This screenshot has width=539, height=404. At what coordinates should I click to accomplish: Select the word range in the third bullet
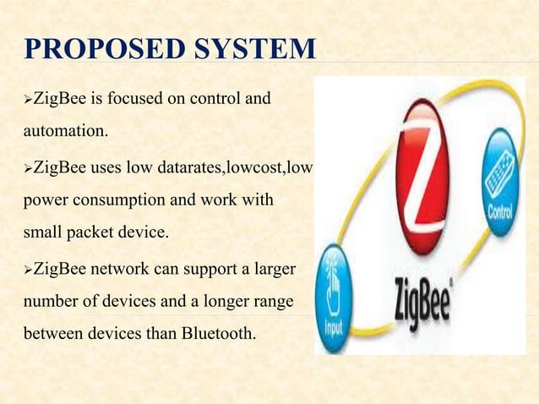click(275, 303)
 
